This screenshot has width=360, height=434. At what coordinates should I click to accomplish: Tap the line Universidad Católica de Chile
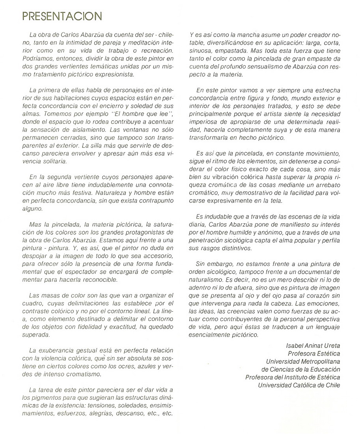(x=299, y=385)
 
